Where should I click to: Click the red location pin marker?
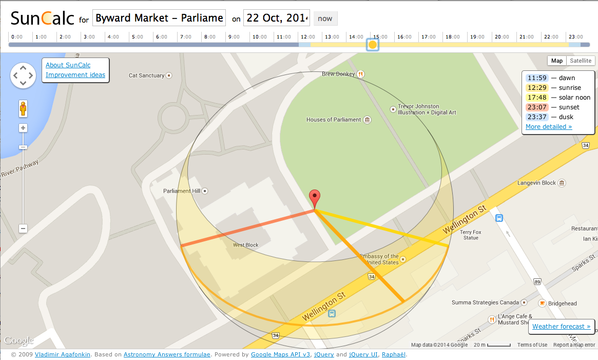(315, 198)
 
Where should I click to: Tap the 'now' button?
(325, 18)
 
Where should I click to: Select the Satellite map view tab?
(581, 61)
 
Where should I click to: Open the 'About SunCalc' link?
(68, 65)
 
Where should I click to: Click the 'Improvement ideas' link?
(75, 75)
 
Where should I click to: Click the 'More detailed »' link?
(548, 127)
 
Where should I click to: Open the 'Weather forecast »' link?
(561, 327)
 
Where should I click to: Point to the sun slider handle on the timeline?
(373, 45)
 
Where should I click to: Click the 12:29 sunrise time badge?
(537, 88)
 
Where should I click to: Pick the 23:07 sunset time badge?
(537, 107)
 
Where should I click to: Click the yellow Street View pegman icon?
(23, 108)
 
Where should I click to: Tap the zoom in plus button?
(23, 128)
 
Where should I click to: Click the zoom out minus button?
(23, 229)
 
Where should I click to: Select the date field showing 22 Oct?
(276, 18)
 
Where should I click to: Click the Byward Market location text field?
(159, 18)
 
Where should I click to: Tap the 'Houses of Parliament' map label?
(334, 120)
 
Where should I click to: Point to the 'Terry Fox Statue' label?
(470, 235)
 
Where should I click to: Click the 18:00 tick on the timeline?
(452, 37)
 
